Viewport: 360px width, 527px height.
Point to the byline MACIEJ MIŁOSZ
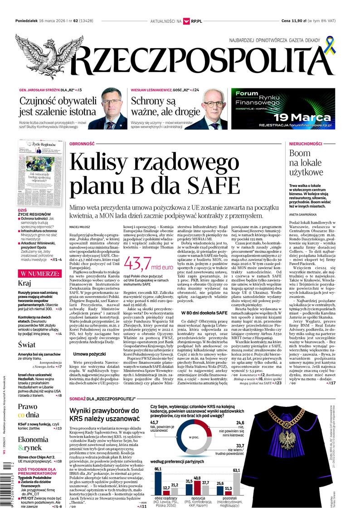click(x=81, y=224)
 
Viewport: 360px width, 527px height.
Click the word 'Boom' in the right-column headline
click(x=300, y=153)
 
